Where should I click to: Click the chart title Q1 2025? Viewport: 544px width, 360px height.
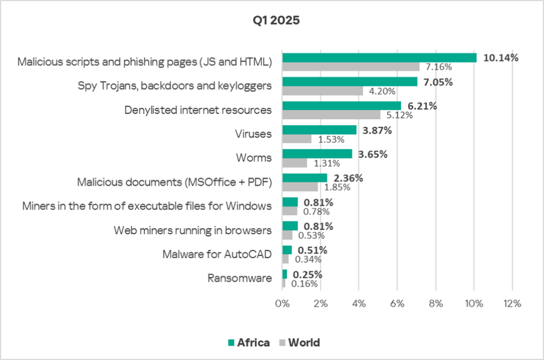pos(271,22)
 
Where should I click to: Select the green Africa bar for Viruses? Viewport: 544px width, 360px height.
pos(319,130)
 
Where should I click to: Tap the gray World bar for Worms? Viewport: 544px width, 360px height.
pos(294,163)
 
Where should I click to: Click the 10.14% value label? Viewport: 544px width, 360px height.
pos(500,57)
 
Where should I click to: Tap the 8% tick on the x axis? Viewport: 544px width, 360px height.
pos(435,304)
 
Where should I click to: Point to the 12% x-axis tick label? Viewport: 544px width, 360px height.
pos(512,304)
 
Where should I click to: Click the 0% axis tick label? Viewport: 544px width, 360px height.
pos(282,304)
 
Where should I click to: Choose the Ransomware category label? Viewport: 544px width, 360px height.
pos(240,278)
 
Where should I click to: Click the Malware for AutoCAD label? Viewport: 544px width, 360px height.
pos(217,254)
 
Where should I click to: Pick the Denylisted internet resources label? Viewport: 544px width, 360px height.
pos(198,110)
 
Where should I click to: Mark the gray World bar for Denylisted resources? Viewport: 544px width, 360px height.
pos(331,115)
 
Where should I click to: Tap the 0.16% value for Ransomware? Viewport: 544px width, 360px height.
pos(304,284)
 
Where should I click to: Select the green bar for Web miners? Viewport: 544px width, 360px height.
pos(290,226)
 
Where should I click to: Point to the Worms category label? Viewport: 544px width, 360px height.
pos(254,158)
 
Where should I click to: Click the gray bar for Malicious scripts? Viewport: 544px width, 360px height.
pos(351,67)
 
